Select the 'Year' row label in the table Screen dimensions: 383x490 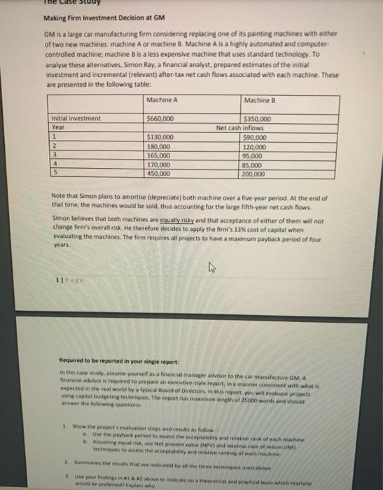(x=59, y=127)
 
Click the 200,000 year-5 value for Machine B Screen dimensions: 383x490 (x=260, y=173)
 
